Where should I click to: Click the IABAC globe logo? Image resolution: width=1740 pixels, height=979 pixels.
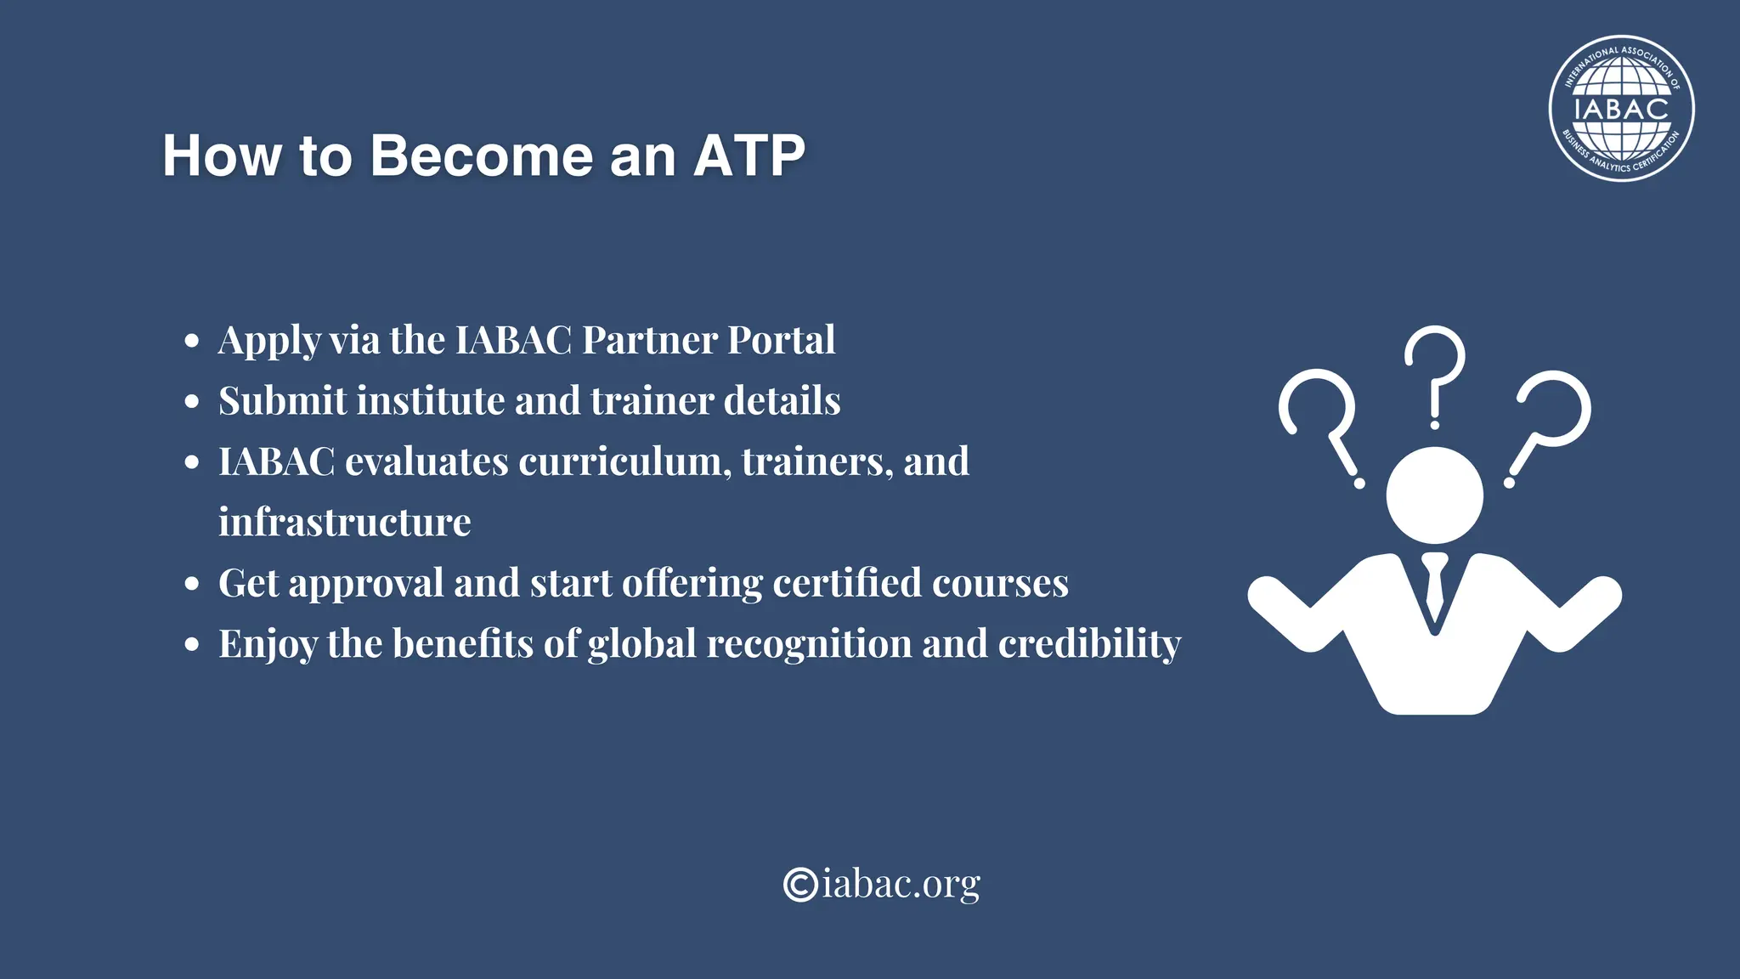tap(1621, 109)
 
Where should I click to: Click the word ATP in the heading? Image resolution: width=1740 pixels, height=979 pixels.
tap(749, 156)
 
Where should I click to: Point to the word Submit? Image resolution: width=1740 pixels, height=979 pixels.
tap(283, 400)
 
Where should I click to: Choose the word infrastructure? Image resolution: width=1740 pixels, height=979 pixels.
tap(344, 522)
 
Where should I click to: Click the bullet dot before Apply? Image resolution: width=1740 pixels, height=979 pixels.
tap(192, 341)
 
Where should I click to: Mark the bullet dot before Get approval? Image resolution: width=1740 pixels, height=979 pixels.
tap(192, 584)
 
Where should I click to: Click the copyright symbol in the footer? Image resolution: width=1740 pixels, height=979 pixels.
tap(800, 884)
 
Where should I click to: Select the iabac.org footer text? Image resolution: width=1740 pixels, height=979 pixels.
tap(901, 884)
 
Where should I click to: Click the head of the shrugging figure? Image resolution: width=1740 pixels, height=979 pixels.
tap(1434, 495)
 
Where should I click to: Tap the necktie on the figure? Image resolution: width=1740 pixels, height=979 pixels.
tap(1435, 586)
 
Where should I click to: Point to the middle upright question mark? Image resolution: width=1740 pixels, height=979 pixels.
tap(1435, 374)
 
